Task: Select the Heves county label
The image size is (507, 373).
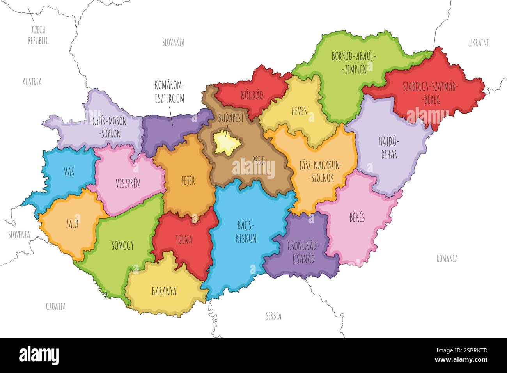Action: click(x=299, y=111)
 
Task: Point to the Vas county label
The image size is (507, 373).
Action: click(x=69, y=171)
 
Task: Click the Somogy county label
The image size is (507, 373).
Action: click(x=122, y=245)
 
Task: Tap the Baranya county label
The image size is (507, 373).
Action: click(x=164, y=291)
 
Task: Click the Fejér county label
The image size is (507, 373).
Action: click(x=188, y=181)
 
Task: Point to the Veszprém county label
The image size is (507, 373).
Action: click(x=128, y=183)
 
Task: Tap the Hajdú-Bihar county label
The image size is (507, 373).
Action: click(x=388, y=147)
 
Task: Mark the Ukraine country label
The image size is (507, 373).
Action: click(x=479, y=43)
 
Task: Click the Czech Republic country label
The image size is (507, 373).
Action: click(x=38, y=35)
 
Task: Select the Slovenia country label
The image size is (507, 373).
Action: click(x=19, y=235)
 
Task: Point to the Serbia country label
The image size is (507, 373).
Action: click(x=273, y=316)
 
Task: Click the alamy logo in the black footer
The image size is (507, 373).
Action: click(x=39, y=355)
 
